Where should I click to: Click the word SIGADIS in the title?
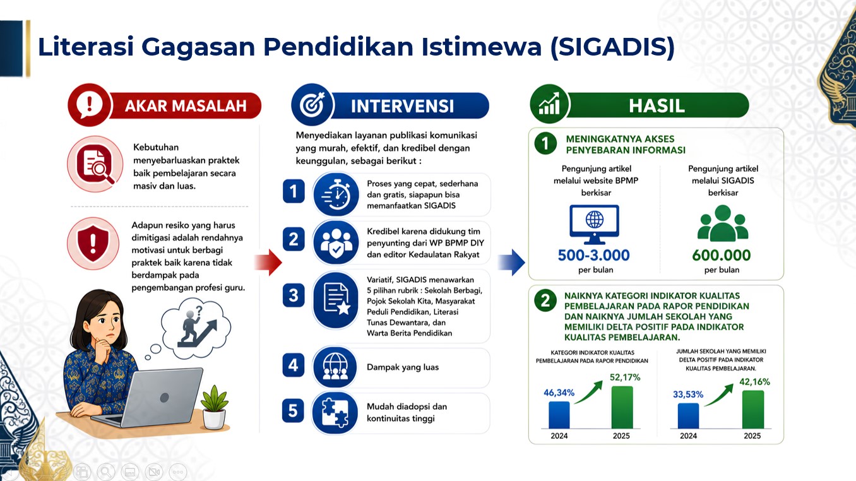point(612,47)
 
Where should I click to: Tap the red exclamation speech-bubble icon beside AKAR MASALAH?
point(90,105)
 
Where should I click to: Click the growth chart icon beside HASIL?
point(549,104)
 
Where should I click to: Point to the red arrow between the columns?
point(268,262)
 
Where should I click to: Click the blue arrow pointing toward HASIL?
point(511,262)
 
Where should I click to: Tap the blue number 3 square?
point(294,295)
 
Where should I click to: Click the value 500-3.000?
point(593,255)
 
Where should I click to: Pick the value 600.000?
point(722,255)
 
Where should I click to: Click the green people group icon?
point(723,223)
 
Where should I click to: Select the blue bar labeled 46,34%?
point(559,415)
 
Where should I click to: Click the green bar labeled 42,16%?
point(753,409)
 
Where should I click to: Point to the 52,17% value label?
point(625,377)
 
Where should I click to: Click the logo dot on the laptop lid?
point(164,398)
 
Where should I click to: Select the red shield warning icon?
point(93,244)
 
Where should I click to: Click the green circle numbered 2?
point(545,300)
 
